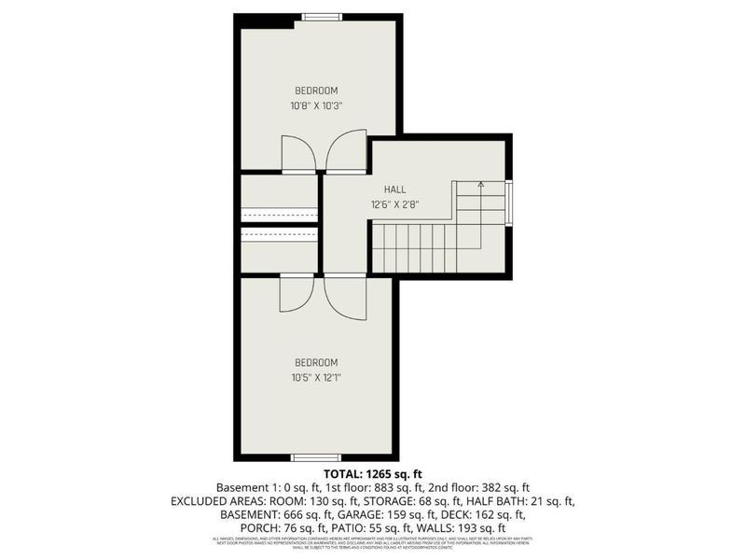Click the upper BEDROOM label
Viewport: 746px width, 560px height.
316,91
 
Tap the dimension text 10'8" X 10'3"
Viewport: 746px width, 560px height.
316,105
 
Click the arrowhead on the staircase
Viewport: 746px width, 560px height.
480,185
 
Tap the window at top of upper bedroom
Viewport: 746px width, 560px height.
322,16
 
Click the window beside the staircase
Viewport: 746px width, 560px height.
509,203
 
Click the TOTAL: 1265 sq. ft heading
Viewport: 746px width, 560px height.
372,474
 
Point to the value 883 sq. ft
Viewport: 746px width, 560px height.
374,487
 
